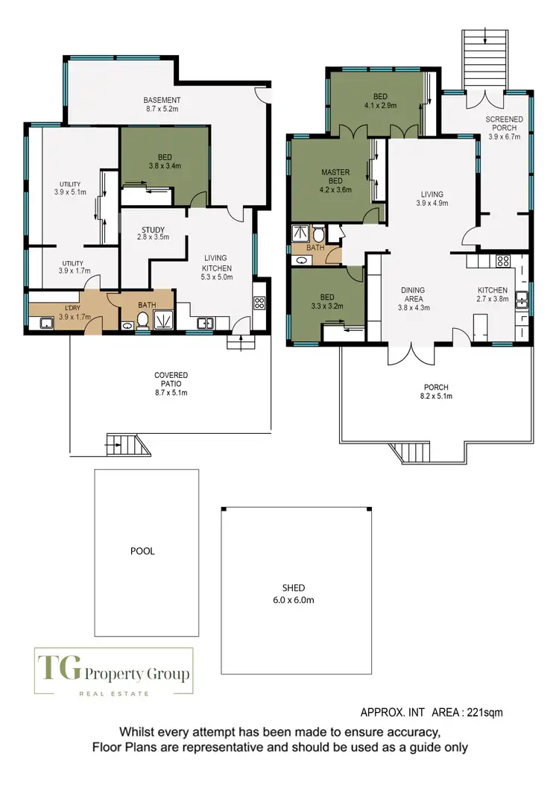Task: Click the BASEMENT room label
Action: [x=162, y=100]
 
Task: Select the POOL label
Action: [x=142, y=552]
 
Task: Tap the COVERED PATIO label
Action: [x=171, y=379]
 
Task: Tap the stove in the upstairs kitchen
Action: [x=502, y=261]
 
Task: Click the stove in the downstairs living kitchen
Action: [x=259, y=303]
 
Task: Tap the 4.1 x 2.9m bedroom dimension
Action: [x=379, y=106]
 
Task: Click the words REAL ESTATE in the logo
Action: [x=114, y=694]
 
